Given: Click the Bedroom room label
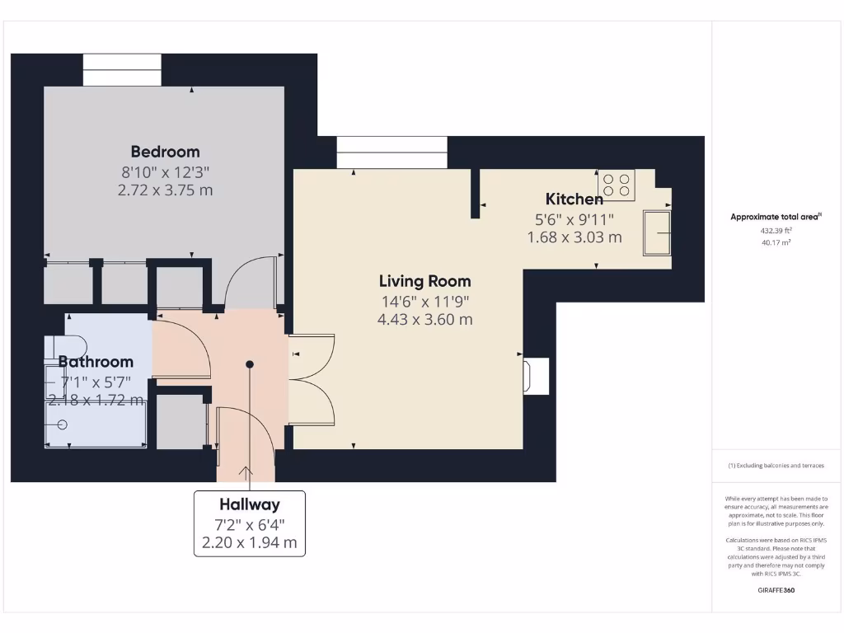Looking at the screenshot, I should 165,152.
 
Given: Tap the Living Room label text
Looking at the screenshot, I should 424,281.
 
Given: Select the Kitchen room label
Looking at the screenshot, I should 574,199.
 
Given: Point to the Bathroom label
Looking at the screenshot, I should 96,361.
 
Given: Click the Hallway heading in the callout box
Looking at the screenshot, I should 249,504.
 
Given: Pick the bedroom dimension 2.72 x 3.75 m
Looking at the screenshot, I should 165,190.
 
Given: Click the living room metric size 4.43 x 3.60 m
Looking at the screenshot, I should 424,319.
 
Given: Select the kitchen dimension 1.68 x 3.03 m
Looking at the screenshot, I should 574,237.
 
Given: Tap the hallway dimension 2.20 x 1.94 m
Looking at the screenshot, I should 249,543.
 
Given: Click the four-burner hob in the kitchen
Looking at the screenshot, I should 617,185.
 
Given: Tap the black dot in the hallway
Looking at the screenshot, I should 250,363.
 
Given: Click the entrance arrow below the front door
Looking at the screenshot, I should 245,473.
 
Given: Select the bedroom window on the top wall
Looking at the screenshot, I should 122,70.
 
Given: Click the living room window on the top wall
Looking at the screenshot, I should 392,152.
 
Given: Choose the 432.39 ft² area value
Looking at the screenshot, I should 776,231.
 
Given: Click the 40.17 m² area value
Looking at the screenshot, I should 776,243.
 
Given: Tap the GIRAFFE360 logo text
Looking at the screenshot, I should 776,590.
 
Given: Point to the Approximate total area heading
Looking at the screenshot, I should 776,217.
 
